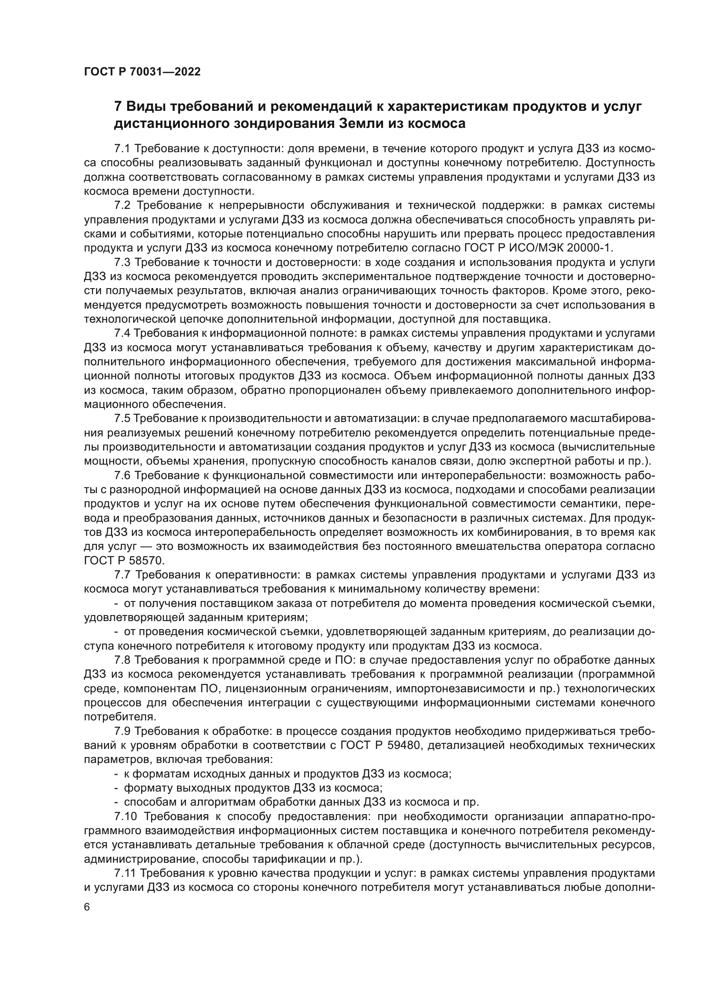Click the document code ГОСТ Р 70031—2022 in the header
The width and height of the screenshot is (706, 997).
(x=142, y=72)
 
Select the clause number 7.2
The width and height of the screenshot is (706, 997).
(x=123, y=205)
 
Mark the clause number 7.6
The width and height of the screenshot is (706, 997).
(x=123, y=476)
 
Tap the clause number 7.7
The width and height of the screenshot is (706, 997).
(x=123, y=575)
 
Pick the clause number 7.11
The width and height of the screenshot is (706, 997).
(x=125, y=873)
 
